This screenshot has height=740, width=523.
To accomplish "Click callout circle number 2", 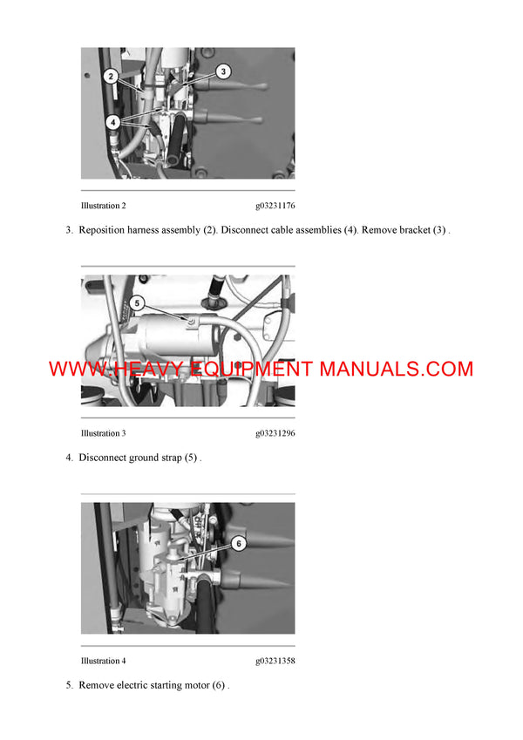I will pos(111,77).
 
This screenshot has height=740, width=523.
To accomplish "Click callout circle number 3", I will pos(222,72).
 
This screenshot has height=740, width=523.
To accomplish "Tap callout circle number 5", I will pos(137,304).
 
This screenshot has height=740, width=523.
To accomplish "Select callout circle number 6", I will pos(239,542).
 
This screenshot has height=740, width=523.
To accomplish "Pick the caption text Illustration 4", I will pos(103,661).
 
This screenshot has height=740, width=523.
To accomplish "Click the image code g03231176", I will pos(275,207).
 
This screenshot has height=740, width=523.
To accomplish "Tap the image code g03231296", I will pos(275,433).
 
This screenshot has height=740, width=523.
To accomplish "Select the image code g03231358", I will pos(275,661).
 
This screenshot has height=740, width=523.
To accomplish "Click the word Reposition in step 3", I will pos(104,231).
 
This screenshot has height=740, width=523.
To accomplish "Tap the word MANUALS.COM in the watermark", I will pos(396,369).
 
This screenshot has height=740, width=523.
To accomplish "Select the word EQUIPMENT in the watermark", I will pos(255,369).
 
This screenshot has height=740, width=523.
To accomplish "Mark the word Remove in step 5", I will pos(96,685).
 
